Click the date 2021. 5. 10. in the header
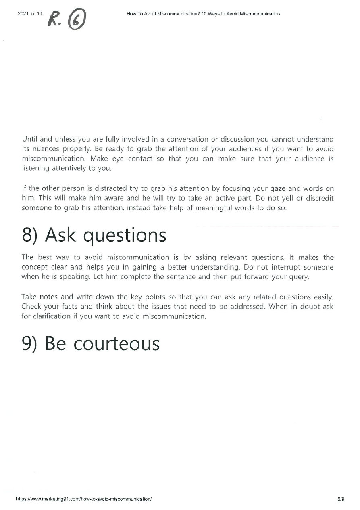(30, 14)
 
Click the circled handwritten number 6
(77, 19)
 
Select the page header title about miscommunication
(203, 14)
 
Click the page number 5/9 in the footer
(341, 499)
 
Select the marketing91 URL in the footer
(83, 499)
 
